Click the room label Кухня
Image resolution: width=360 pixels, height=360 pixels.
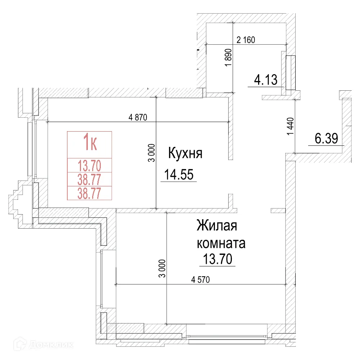pyautogui.click(x=185, y=153)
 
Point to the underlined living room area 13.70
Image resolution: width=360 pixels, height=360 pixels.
pyautogui.click(x=217, y=259)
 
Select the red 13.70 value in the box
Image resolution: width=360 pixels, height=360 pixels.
pyautogui.click(x=90, y=166)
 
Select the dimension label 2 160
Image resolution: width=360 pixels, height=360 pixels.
pyautogui.click(x=246, y=40)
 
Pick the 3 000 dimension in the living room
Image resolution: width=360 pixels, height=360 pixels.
pyautogui.click(x=163, y=268)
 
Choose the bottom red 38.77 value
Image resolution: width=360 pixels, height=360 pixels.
pyautogui.click(x=90, y=193)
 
